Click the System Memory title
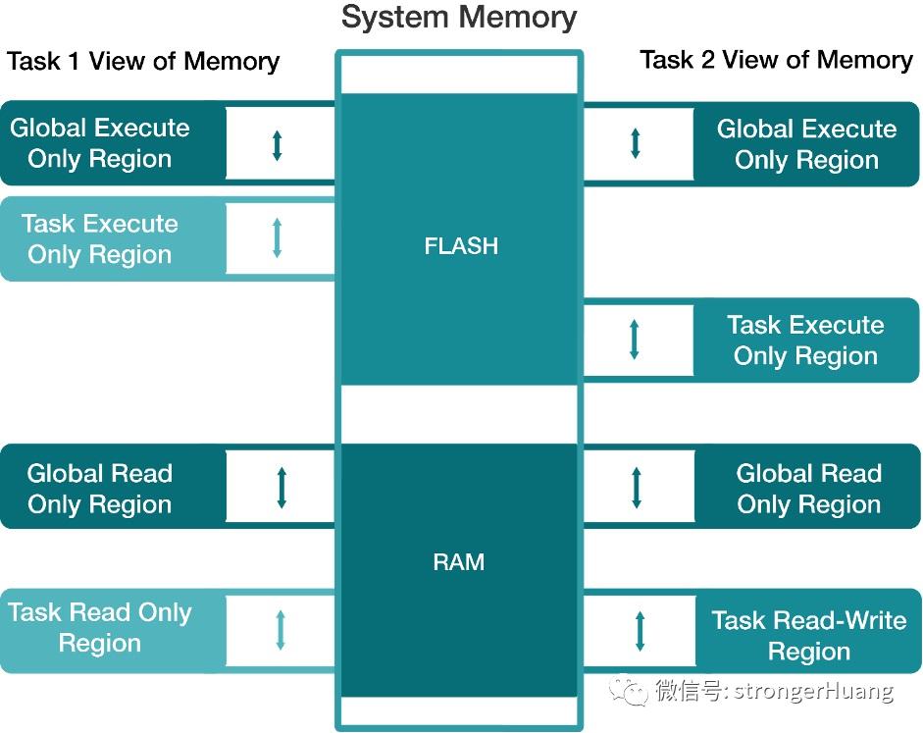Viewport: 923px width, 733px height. (459, 18)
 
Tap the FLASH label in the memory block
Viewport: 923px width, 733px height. (461, 245)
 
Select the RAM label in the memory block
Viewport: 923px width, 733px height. (458, 561)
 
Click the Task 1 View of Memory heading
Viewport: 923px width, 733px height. (143, 61)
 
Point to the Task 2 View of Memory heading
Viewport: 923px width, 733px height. (777, 60)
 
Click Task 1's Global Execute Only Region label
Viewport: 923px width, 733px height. (99, 143)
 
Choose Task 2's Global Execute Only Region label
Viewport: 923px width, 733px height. (806, 144)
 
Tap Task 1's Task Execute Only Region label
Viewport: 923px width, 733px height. (99, 239)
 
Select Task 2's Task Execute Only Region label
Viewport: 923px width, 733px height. (805, 340)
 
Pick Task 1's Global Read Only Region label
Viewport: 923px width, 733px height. (99, 489)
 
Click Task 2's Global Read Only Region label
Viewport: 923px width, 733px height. (809, 489)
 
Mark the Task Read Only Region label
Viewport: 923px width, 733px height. (99, 628)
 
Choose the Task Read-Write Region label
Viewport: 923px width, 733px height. (809, 636)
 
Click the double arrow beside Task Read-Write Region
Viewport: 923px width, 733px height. (640, 631)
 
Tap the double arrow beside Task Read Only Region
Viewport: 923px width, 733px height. (281, 630)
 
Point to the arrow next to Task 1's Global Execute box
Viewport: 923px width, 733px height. (277, 145)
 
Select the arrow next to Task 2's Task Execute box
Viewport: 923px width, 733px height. (634, 340)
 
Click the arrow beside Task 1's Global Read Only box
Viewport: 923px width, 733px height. (282, 488)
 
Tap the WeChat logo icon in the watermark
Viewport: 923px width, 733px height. (628, 690)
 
